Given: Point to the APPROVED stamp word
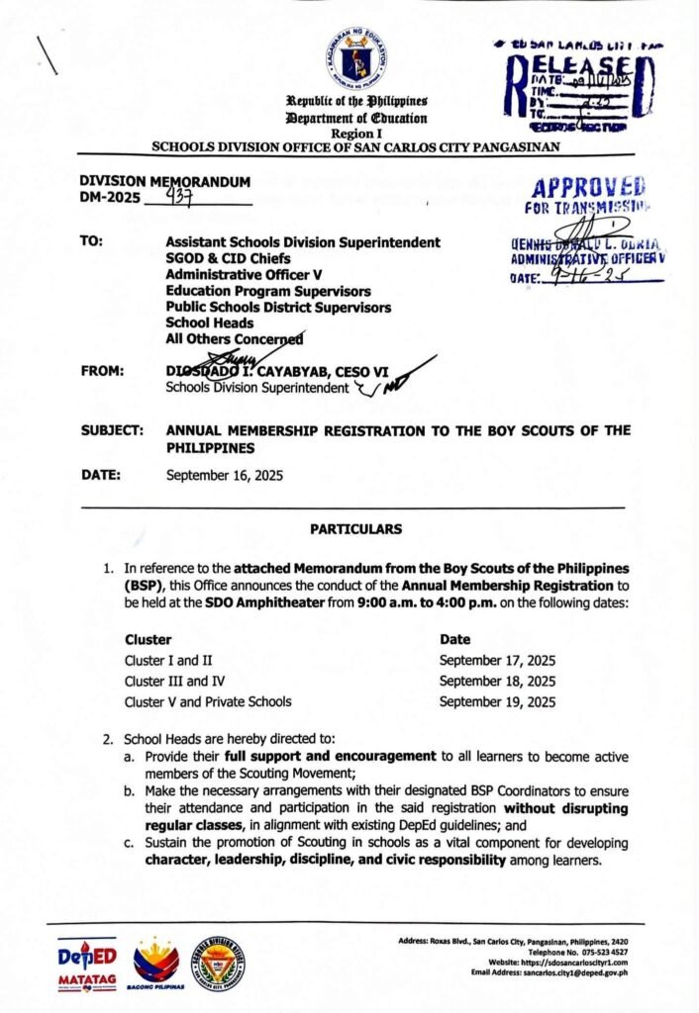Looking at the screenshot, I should tap(588, 189).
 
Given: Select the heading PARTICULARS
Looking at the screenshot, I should tap(355, 529).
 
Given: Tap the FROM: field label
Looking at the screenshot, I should tap(103, 371).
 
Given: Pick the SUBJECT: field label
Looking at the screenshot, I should tap(113, 430).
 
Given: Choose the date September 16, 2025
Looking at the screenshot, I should tap(225, 475).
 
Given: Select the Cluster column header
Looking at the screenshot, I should tap(149, 639).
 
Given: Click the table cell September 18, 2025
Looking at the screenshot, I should tap(498, 681).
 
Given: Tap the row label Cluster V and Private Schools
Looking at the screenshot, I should tap(208, 701).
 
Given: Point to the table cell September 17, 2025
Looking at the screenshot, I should tap(498, 660).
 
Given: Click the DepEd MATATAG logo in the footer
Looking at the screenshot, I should tap(86, 964).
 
